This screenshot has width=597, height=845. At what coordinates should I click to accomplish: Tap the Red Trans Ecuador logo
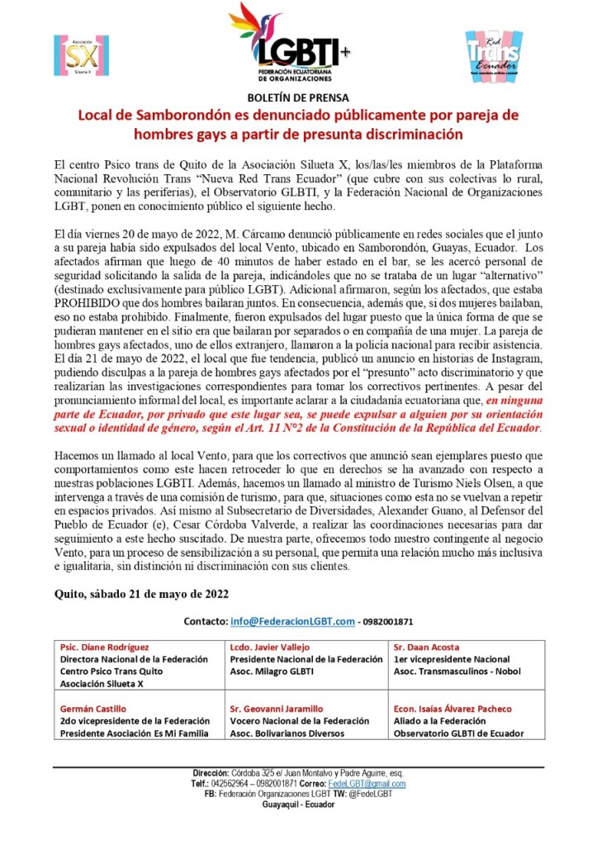[493, 55]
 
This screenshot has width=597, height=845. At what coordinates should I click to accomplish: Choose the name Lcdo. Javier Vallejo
[268, 648]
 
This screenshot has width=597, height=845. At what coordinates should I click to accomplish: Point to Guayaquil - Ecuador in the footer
[298, 805]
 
